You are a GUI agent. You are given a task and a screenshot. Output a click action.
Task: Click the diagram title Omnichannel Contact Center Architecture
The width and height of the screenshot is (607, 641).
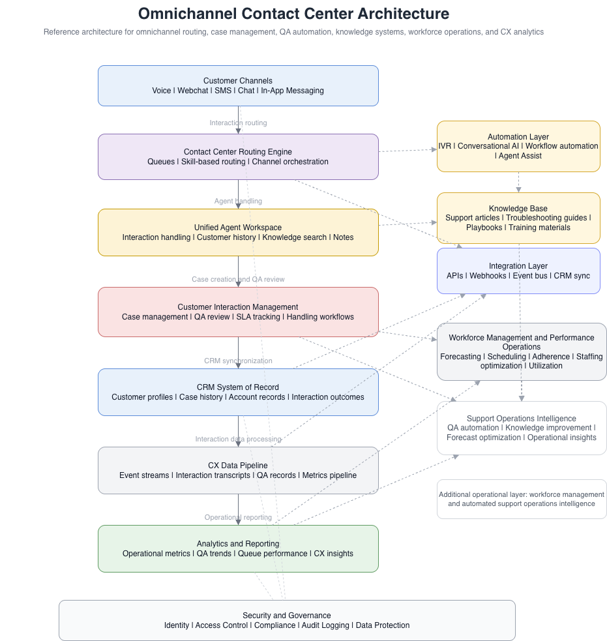pyautogui.click(x=293, y=14)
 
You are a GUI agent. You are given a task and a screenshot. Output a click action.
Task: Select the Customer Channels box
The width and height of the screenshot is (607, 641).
pyautogui.click(x=238, y=85)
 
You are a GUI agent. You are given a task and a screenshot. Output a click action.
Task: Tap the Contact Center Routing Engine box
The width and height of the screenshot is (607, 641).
pyautogui.click(x=238, y=157)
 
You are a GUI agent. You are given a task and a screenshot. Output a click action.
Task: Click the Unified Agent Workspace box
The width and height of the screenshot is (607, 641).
pyautogui.click(x=238, y=232)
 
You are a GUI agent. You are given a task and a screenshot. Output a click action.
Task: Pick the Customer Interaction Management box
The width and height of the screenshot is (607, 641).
pyautogui.click(x=238, y=312)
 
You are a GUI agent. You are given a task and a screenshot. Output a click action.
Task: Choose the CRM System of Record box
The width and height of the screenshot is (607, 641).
pyautogui.click(x=238, y=392)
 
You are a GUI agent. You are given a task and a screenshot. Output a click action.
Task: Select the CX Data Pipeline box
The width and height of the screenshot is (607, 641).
pyautogui.click(x=238, y=470)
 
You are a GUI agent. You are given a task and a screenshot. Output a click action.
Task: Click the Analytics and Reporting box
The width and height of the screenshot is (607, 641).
pyautogui.click(x=238, y=548)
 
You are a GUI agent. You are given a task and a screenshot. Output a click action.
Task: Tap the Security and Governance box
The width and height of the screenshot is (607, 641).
pyautogui.click(x=287, y=620)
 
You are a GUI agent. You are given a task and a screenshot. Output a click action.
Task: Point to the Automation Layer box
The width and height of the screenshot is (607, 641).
pyautogui.click(x=518, y=146)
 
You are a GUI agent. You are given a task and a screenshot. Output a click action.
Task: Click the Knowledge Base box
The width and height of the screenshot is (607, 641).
pyautogui.click(x=518, y=218)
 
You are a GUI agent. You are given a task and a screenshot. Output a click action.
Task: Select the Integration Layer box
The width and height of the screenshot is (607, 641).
pyautogui.click(x=518, y=271)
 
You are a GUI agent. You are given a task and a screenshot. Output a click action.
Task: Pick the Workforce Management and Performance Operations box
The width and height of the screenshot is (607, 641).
pyautogui.click(x=522, y=351)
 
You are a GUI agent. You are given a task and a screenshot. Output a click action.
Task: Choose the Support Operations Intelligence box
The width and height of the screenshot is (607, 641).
pyautogui.click(x=522, y=428)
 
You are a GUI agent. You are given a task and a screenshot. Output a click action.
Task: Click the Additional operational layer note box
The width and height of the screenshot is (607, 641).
pyautogui.click(x=522, y=499)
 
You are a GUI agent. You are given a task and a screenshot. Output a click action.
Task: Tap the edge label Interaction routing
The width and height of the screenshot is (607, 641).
pyautogui.click(x=238, y=123)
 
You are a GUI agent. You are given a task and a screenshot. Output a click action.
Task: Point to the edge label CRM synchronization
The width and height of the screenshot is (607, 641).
pyautogui.click(x=238, y=361)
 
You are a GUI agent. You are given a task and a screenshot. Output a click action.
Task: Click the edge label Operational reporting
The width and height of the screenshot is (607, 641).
pyautogui.click(x=238, y=517)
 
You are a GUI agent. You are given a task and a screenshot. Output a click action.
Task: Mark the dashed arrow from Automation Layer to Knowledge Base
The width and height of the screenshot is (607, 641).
pyautogui.click(x=518, y=182)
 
